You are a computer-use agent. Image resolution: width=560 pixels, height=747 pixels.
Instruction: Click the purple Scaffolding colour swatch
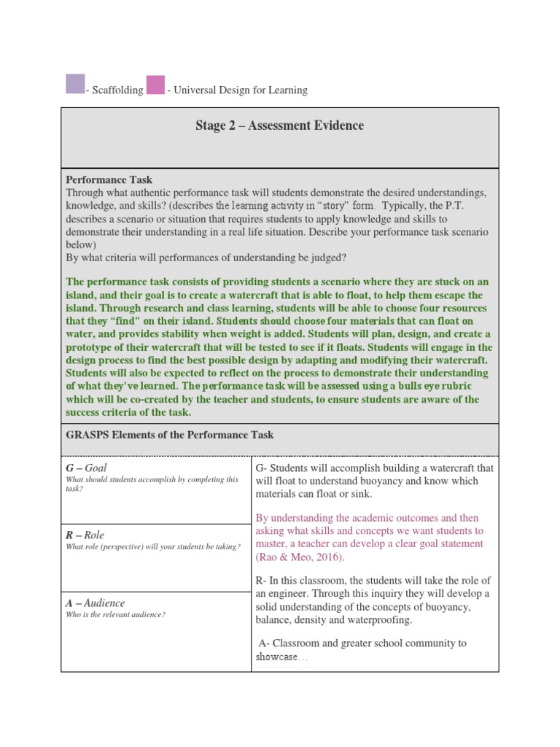point(75,84)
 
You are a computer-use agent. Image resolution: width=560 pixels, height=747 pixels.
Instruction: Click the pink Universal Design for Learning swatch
point(155,84)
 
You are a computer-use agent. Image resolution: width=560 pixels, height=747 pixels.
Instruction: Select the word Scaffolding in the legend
point(117,90)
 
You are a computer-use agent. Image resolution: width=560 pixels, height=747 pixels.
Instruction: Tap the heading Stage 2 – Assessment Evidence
point(279,125)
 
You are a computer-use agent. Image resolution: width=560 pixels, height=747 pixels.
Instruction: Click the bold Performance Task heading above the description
point(109,179)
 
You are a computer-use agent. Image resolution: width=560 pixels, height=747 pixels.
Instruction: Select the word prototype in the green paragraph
point(91,347)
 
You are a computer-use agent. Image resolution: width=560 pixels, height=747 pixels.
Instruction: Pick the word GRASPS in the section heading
point(85,435)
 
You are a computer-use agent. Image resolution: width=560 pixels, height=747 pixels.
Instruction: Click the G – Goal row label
point(87,468)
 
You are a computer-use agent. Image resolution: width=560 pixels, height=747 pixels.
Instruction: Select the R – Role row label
point(85,535)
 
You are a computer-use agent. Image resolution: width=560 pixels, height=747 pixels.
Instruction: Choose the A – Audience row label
point(95,603)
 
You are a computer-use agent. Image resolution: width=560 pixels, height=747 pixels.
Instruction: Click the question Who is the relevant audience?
point(115,615)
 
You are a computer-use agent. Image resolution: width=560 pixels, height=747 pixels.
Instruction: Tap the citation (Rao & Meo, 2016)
point(300,557)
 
